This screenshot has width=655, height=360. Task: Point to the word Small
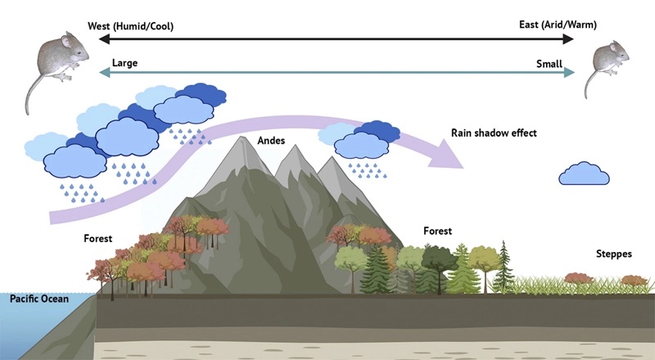click(x=549, y=63)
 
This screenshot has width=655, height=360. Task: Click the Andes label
click(x=271, y=141)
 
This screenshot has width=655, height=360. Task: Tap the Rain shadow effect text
click(x=493, y=133)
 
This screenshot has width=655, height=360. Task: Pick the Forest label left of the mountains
click(x=97, y=239)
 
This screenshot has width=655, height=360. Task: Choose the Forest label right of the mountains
click(x=437, y=232)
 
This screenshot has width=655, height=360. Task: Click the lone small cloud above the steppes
click(x=583, y=174)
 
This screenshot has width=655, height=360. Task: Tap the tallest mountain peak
click(x=243, y=141)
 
